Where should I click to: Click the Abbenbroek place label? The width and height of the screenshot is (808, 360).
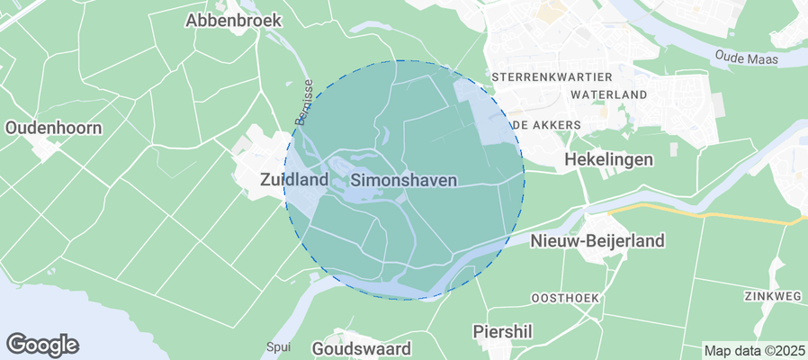pos(233,20)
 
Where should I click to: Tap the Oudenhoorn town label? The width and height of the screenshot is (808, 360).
pos(53,128)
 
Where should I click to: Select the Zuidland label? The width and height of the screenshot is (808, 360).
pos(292,180)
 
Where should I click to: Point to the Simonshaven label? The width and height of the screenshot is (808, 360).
pos(403,180)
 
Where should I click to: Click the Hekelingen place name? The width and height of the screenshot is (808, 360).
pos(608,158)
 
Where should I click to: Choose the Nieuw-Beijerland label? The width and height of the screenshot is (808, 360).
pos(597,240)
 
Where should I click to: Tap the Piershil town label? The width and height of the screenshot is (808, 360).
pos(502,332)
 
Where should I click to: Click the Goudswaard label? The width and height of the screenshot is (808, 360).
pos(361,348)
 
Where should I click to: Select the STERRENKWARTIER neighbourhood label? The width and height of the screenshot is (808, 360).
pos(552,77)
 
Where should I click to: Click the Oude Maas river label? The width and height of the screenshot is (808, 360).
pos(746,58)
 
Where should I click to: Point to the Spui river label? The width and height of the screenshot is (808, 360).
pos(278,346)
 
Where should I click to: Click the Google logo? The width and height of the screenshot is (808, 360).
pos(42,345)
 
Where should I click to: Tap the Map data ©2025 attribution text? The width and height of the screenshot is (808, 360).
pos(754,350)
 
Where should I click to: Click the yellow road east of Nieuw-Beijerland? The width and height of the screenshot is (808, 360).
pos(702,214)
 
